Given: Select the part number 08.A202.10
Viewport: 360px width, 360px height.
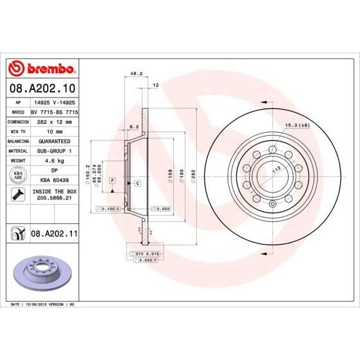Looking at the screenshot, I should pos(42,87).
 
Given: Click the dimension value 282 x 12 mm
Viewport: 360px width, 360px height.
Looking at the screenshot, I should pos(54,120).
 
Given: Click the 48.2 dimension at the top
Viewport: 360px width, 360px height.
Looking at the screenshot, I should pos(136,74).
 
